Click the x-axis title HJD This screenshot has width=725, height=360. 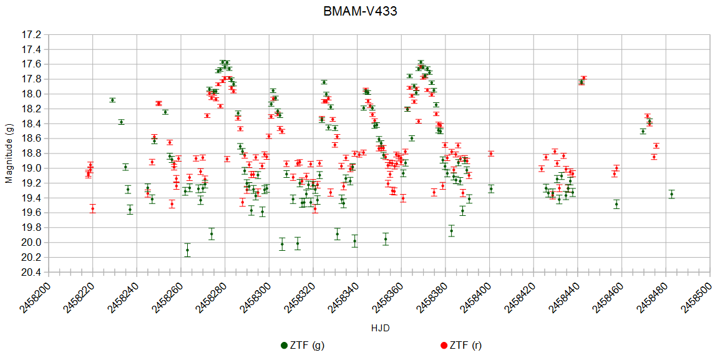tap(380, 328)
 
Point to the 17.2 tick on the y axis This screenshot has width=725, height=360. tap(32, 34)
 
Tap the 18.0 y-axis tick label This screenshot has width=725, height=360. tap(32, 94)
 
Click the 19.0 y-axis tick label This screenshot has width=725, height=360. tap(32, 168)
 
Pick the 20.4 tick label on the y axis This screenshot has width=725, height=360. tap(32, 273)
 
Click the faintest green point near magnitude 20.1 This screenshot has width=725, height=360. tap(187, 250)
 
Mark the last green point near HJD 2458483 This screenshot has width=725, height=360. tap(672, 194)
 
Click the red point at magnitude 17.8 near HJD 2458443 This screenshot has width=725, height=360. tap(584, 78)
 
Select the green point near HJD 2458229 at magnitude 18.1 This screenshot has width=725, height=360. tap(112, 100)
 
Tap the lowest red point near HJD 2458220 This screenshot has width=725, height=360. tap(92, 208)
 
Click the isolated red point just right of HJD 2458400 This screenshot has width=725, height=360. tap(491, 153)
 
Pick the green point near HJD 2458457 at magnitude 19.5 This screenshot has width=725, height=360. tap(616, 204)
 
